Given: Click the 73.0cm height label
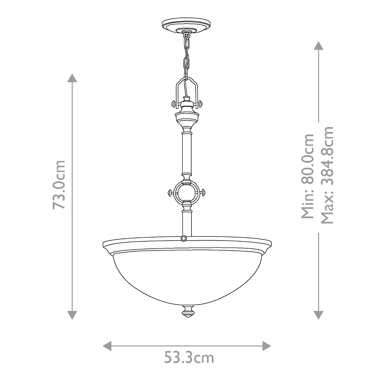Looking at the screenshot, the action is tap(59, 185).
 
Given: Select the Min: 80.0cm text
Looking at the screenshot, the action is tap(307, 176).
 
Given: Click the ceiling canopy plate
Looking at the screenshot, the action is tap(186, 26).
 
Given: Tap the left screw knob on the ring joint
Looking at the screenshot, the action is tap(171, 193).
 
